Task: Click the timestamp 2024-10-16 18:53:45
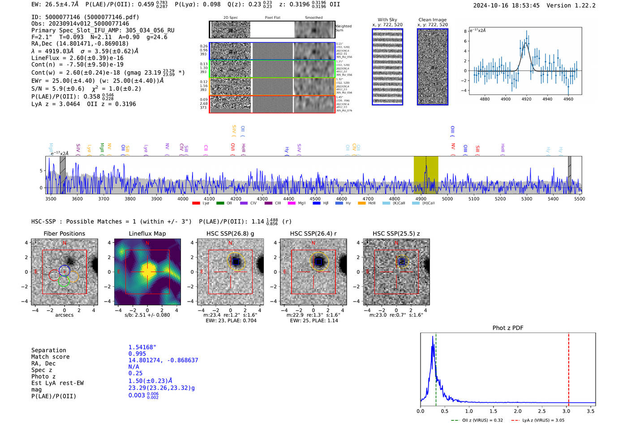(506, 6)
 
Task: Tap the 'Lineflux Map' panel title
(147, 233)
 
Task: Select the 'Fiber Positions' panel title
(64, 233)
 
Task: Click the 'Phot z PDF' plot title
(508, 328)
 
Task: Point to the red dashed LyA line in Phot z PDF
(569, 367)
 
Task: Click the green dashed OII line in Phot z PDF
(436, 367)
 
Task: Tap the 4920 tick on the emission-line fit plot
(526, 99)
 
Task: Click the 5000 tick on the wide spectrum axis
(447, 199)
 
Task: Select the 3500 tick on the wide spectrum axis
(51, 199)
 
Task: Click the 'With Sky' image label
(387, 20)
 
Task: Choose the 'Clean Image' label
(432, 20)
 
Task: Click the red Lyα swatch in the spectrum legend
(196, 203)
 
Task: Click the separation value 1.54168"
(142, 348)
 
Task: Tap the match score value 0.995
(137, 354)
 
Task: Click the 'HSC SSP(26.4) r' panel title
(313, 233)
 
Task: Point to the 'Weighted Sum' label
(344, 28)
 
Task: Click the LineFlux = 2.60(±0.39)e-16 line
(77, 58)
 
